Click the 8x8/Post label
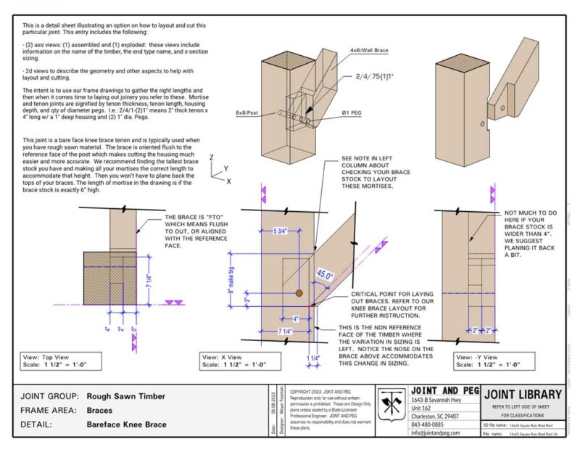click(x=248, y=112)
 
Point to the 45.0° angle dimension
click(x=325, y=275)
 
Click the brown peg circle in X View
click(x=298, y=294)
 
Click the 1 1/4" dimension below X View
click(x=314, y=357)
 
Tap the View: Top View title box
click(x=49, y=361)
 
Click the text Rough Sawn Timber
click(x=126, y=396)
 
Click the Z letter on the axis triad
click(x=211, y=157)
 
